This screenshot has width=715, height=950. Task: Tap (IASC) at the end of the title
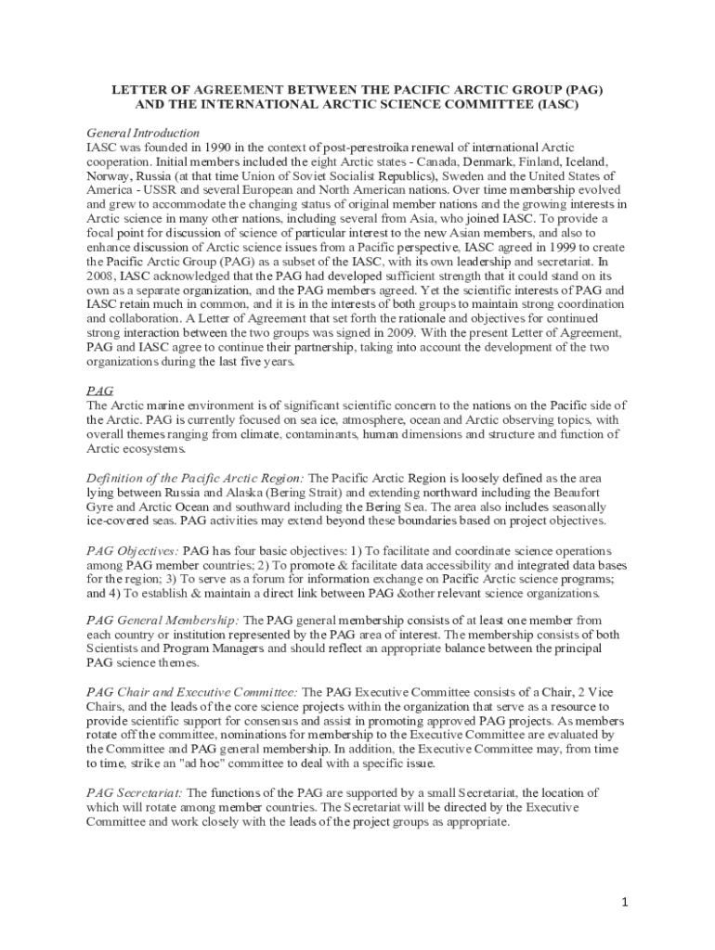[x=554, y=105]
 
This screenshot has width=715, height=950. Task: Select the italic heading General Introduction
[x=143, y=134]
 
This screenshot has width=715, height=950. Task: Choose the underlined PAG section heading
[x=99, y=392]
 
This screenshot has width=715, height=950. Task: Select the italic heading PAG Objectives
[x=132, y=550]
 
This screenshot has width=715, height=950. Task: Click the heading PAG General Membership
[x=162, y=620]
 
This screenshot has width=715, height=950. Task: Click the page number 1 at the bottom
[x=626, y=902]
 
